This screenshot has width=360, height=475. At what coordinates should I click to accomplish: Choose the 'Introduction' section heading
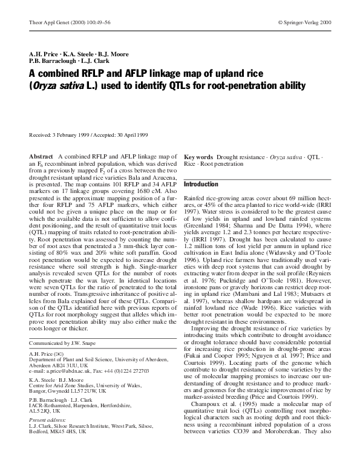(201, 185)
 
